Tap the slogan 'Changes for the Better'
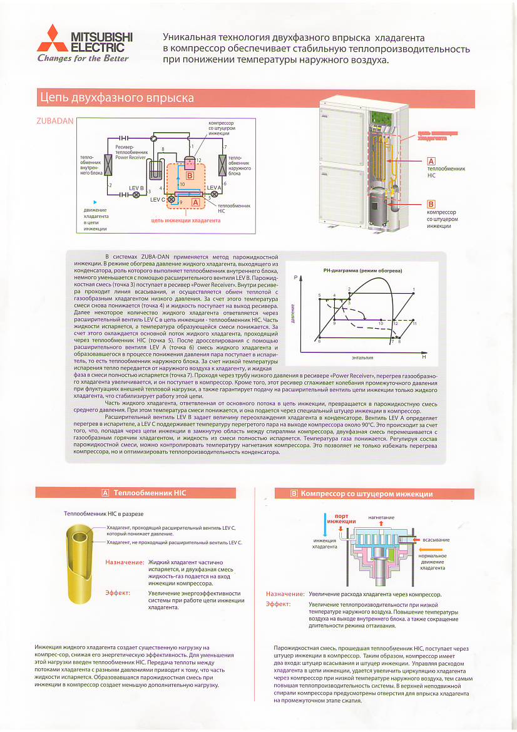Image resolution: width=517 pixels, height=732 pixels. pyautogui.click(x=83, y=59)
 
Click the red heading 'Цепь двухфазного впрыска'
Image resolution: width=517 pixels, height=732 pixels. pyautogui.click(x=116, y=98)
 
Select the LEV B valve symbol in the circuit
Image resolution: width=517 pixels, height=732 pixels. pyautogui.click(x=136, y=195)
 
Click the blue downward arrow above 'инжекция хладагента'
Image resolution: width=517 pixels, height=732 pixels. pyautogui.click(x=325, y=526)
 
